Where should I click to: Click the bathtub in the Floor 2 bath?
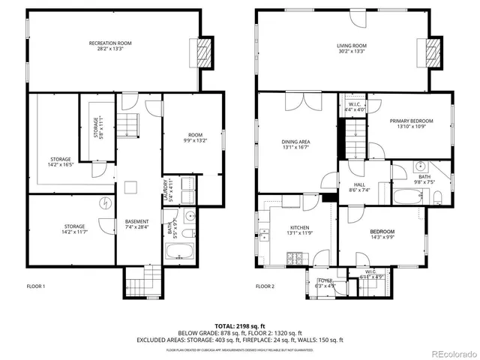click(409, 199)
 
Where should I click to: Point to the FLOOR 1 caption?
click(36, 286)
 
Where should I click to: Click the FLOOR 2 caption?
click(265, 286)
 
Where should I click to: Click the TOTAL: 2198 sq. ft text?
click(239, 326)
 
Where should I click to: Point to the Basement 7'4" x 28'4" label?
click(136, 224)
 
